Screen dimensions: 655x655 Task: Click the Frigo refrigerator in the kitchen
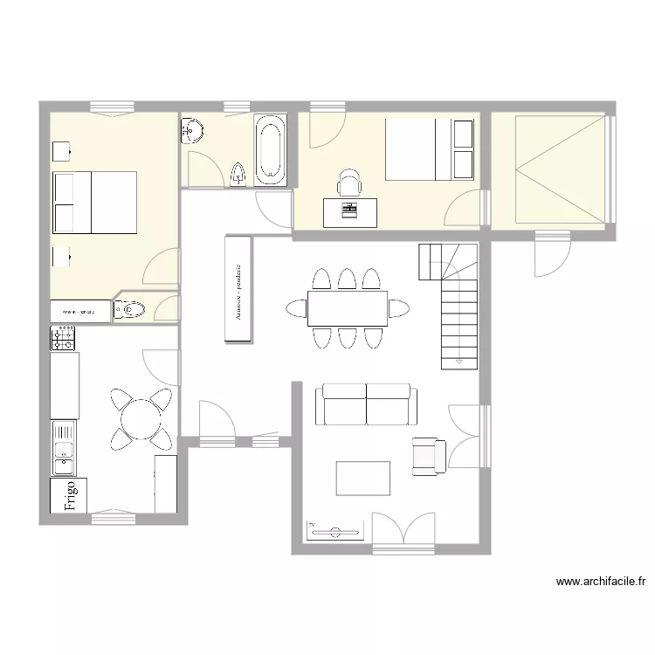67,495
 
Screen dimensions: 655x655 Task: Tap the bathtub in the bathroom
270,151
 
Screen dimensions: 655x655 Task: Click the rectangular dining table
347,307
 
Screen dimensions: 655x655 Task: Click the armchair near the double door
429,457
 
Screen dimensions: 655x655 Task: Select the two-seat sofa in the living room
365,403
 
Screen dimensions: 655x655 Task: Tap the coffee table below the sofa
364,478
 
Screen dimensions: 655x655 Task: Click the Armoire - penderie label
238,290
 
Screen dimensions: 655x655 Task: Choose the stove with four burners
63,338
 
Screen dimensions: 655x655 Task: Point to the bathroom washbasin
193,131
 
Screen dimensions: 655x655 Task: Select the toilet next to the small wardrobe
130,309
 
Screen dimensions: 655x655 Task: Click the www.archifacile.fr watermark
600,582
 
